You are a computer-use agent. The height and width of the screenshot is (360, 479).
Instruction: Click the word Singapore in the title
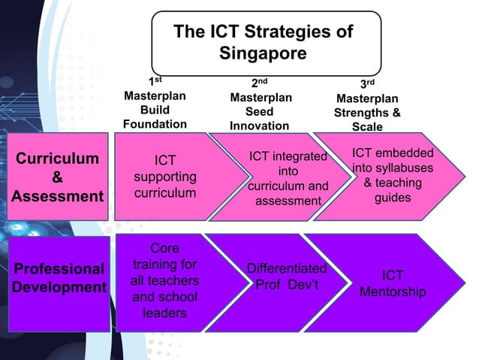pyautogui.click(x=263, y=54)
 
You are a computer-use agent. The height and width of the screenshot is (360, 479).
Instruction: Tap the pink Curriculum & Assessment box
pyautogui.click(x=58, y=177)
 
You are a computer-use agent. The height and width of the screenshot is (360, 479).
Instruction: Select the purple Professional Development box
pyautogui.click(x=58, y=278)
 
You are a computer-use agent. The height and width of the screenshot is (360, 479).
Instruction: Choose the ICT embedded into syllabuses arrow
pyautogui.click(x=390, y=175)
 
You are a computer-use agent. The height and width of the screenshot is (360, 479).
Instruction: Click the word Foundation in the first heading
pyautogui.click(x=155, y=124)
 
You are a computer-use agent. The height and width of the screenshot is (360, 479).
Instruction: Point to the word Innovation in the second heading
pyautogui.click(x=259, y=126)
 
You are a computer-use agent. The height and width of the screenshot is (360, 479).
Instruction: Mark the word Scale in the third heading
pyautogui.click(x=367, y=127)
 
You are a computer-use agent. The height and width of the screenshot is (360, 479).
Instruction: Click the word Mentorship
pyautogui.click(x=393, y=291)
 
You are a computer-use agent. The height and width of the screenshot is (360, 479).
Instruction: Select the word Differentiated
pyautogui.click(x=287, y=269)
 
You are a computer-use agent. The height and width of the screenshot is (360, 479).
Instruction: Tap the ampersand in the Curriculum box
pyautogui.click(x=57, y=178)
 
